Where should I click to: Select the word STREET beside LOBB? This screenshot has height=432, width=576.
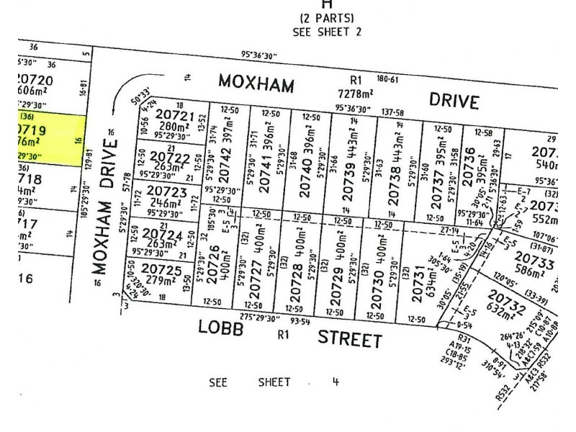pos(349,338)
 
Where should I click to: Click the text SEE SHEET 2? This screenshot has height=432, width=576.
pos(327,31)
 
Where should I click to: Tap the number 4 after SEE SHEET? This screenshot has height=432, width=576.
pos(335,382)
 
